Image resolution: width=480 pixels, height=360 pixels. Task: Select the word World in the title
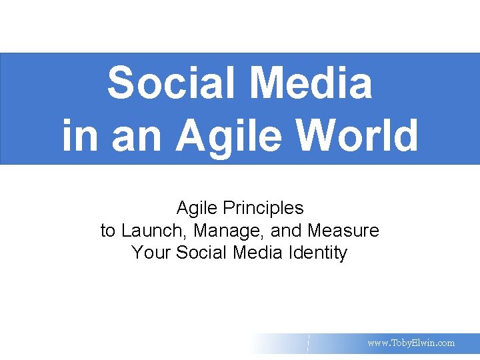pyautogui.click(x=360, y=135)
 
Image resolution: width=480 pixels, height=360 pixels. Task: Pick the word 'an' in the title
pyautogui.click(x=131, y=135)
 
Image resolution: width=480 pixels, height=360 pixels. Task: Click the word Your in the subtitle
pyautogui.click(x=151, y=253)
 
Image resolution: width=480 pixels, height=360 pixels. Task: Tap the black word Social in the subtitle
pyautogui.click(x=201, y=253)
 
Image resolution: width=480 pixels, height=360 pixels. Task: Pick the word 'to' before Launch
pyautogui.click(x=107, y=231)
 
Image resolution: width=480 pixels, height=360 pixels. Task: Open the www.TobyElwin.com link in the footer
pyautogui.click(x=411, y=343)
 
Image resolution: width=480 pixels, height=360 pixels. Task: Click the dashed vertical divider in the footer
pyautogui.click(x=308, y=343)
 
